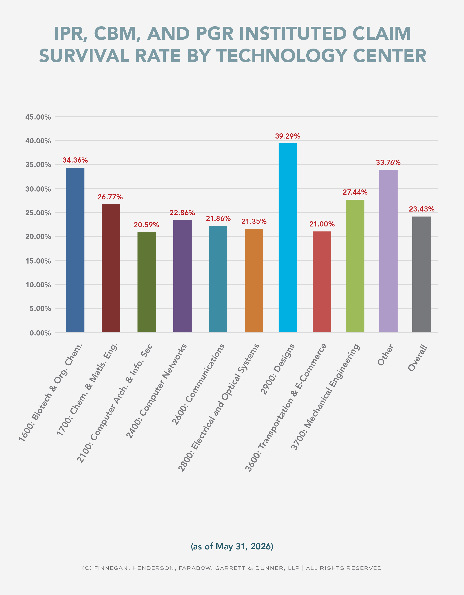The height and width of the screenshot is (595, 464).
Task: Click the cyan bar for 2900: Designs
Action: click(x=288, y=238)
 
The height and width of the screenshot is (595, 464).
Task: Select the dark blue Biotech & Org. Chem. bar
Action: click(x=75, y=250)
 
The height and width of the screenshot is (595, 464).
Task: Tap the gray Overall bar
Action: click(x=422, y=274)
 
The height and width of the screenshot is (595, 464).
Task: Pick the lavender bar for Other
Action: click(x=388, y=251)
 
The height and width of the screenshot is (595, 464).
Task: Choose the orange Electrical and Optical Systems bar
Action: click(x=254, y=280)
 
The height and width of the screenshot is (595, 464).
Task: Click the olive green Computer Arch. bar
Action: click(x=147, y=282)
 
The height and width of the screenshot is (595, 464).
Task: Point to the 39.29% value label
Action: click(x=288, y=136)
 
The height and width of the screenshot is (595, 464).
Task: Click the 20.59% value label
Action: click(x=146, y=225)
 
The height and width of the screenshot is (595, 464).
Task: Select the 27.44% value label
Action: click(x=355, y=192)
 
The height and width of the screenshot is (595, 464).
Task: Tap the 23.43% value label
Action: click(x=422, y=209)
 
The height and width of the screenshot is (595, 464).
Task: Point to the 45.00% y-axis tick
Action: click(x=38, y=117)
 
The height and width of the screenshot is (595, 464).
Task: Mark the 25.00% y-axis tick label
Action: click(x=38, y=213)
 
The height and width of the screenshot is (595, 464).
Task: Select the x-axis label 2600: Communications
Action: click(x=198, y=384)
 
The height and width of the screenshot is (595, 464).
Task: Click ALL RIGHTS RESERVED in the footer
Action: click(x=344, y=568)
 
